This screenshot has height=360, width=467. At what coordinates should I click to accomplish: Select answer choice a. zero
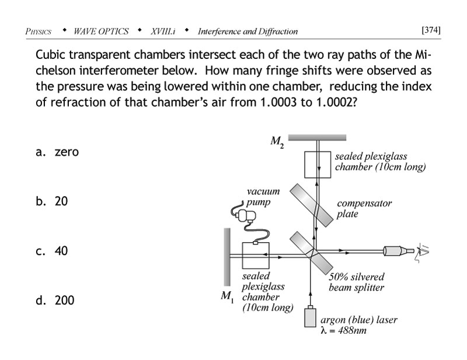click(x=57, y=152)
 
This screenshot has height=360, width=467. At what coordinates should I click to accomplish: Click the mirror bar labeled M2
click(x=317, y=138)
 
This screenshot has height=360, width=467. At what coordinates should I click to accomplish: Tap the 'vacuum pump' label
click(x=262, y=197)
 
